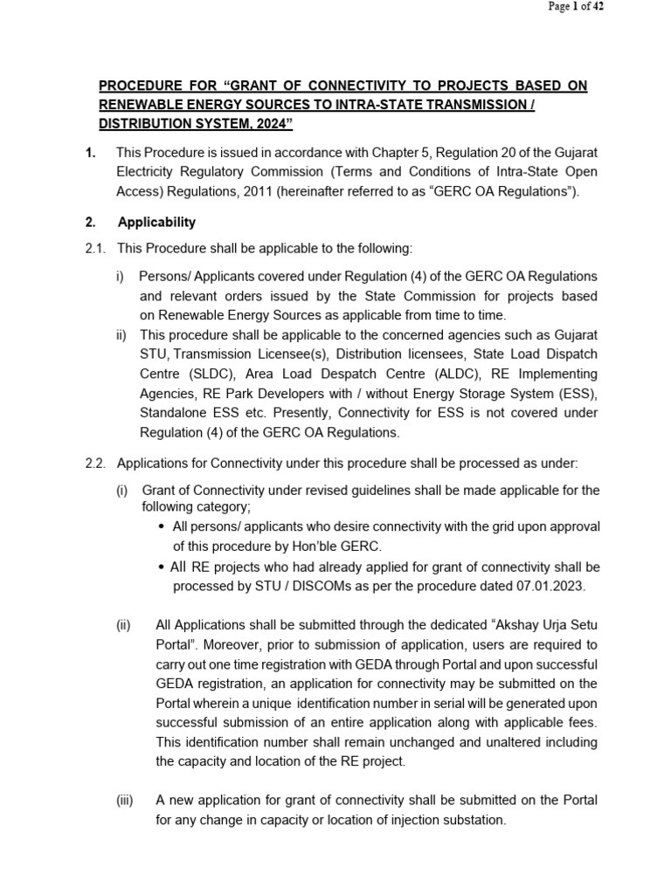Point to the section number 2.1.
tap(95, 249)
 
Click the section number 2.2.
tap(95, 462)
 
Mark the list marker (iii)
tap(126, 801)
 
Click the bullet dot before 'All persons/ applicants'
tap(163, 527)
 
